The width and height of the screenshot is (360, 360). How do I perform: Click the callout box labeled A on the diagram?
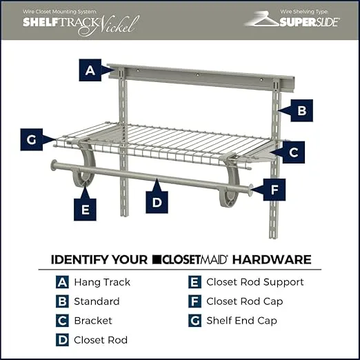point(90,70)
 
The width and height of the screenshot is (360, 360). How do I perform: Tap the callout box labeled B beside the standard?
point(301,110)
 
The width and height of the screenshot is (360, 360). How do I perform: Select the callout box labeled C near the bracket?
point(294,152)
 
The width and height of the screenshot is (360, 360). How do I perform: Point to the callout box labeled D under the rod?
point(157,202)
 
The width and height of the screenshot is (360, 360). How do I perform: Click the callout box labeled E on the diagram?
point(85,210)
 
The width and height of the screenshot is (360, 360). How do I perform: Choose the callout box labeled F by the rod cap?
point(274,190)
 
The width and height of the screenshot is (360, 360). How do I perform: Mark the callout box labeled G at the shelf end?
point(32,139)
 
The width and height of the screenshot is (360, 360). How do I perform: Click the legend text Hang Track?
point(102,282)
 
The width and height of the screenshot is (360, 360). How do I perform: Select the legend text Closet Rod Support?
point(255,282)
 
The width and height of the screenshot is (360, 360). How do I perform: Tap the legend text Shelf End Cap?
point(241,321)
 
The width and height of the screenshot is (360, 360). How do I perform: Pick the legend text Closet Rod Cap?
point(245,301)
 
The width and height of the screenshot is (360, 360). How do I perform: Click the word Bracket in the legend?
point(93,321)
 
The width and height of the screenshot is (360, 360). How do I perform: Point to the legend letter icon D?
point(62,340)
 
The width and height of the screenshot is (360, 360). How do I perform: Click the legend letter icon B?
point(62,301)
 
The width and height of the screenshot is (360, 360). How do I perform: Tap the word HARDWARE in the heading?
point(272,259)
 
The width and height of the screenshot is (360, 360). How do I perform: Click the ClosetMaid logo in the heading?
point(190,259)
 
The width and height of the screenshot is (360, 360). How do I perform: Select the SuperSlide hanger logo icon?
point(262,19)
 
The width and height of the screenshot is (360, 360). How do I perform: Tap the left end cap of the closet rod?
point(54,165)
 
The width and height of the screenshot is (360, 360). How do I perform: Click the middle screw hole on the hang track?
point(197,74)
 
